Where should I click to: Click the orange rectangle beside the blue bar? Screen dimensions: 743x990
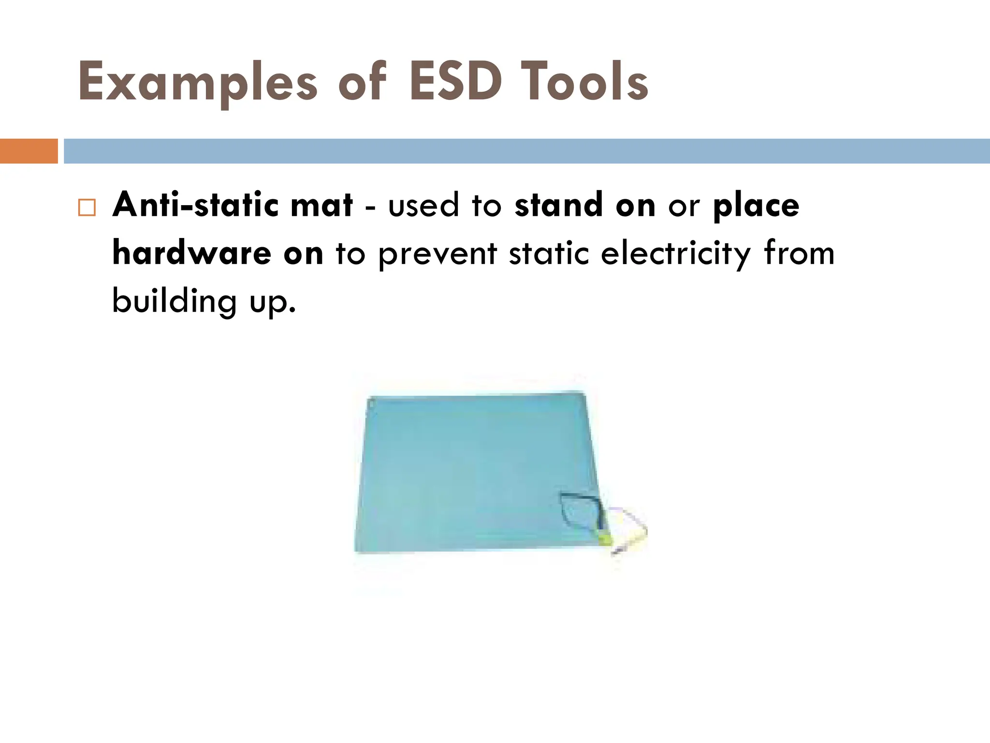29,151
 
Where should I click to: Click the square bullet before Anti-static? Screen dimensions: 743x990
87,208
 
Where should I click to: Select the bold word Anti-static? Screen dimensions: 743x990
195,205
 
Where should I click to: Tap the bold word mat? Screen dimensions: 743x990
321,205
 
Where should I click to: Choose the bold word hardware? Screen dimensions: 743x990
191,253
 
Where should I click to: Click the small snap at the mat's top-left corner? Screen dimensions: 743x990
371,401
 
